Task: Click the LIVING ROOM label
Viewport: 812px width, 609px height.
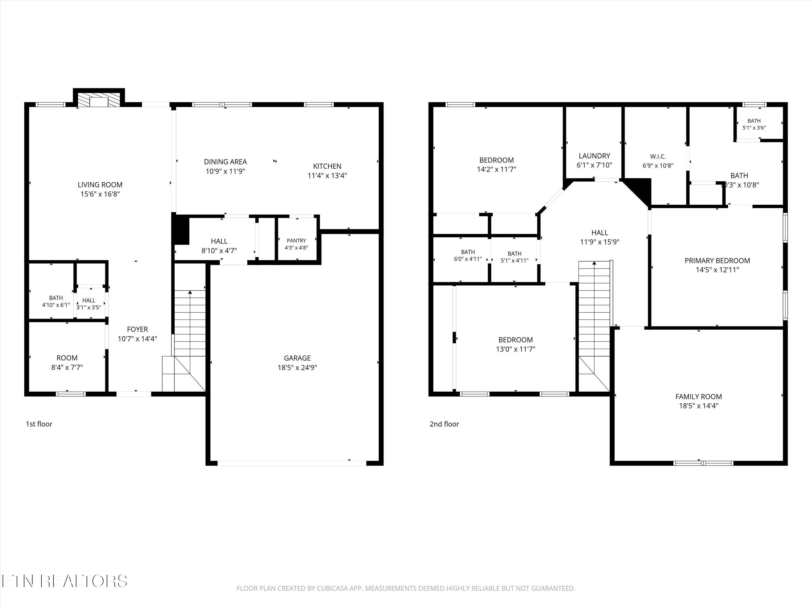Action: point(100,185)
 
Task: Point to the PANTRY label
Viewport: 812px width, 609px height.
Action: point(296,240)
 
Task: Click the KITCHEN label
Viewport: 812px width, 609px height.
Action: point(327,166)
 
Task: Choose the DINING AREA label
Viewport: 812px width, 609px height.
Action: point(225,162)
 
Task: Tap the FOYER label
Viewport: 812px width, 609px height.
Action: point(137,329)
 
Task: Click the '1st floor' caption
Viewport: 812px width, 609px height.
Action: point(39,424)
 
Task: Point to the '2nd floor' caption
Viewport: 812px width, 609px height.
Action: point(444,424)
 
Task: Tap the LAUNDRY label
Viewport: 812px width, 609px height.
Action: point(594,156)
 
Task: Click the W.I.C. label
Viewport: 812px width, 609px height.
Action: point(658,157)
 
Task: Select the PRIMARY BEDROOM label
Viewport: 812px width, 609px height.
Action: point(717,261)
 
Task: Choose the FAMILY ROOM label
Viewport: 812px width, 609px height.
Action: point(699,397)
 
